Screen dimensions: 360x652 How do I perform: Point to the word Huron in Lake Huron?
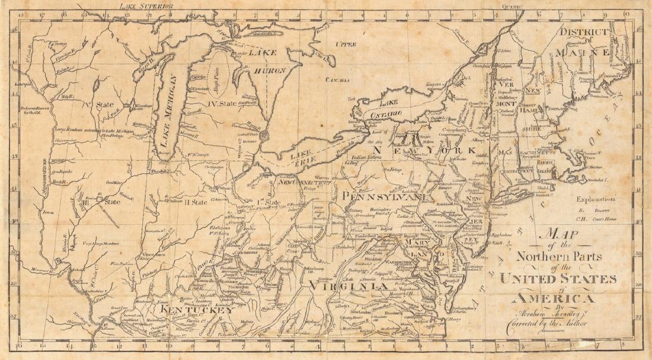click(273, 71)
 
